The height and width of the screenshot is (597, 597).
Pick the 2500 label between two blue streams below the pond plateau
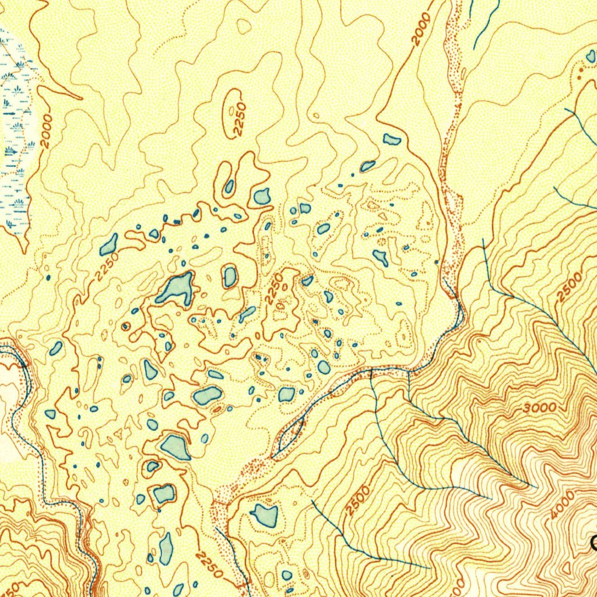pos(357,500)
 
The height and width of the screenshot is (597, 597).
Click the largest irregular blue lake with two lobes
pos(176,288)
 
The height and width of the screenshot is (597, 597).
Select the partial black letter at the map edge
pos(593,544)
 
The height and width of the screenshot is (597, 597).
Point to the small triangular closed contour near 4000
pos(566,567)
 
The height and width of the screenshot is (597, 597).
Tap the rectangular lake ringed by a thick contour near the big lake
pos(230,276)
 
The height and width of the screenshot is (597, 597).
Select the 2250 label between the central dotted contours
pos(274,288)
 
